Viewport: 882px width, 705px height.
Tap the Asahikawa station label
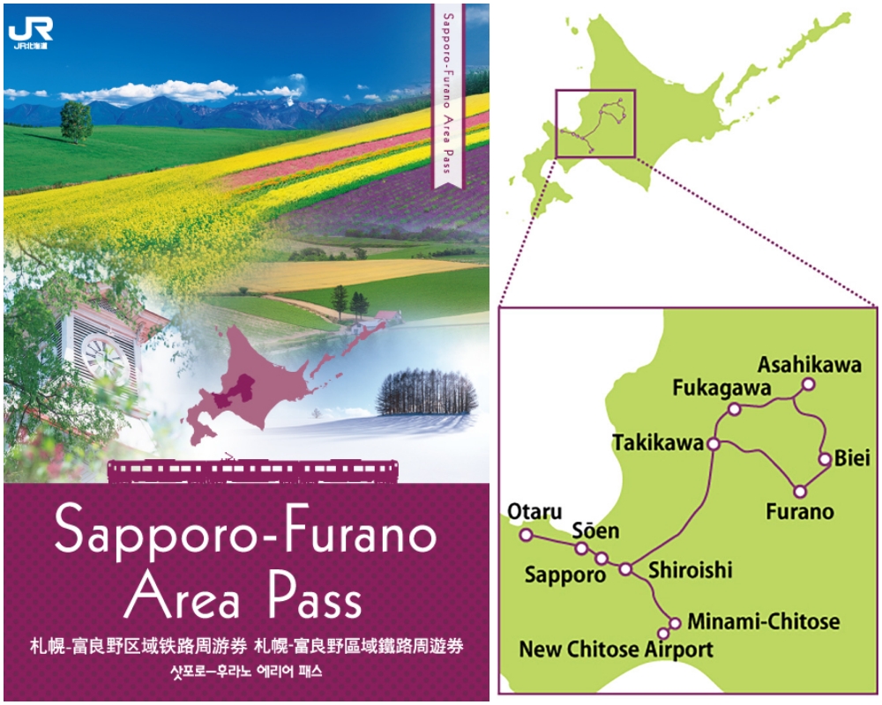click(810, 366)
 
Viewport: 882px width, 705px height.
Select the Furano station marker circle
click(799, 491)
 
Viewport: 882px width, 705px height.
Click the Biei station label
click(852, 459)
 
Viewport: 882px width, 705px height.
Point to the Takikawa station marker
click(714, 444)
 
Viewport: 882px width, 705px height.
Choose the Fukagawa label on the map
click(721, 388)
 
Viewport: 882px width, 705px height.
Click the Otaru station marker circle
click(526, 535)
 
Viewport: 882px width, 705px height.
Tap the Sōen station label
click(595, 531)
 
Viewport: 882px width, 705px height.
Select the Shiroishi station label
click(690, 571)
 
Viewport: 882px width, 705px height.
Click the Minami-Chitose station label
click(763, 622)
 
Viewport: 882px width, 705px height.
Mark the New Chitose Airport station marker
click(664, 634)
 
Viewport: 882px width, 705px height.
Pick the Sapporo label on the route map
click(564, 575)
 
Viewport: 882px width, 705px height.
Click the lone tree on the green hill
click(76, 121)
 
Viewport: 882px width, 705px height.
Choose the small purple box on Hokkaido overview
click(595, 123)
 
